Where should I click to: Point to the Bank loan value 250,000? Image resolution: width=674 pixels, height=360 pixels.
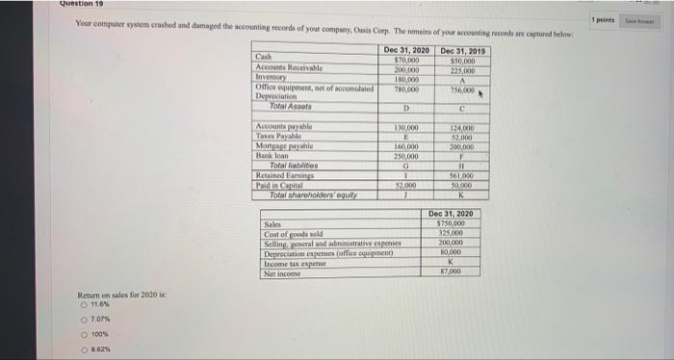[408, 155]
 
